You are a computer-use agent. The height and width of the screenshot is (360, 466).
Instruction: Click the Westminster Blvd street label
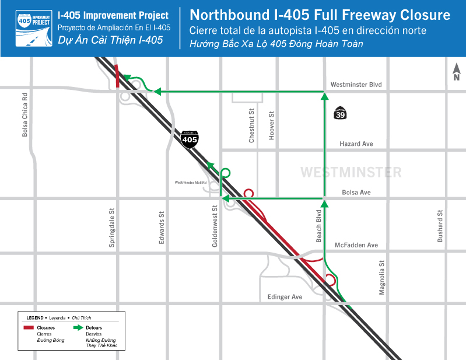click(x=356, y=85)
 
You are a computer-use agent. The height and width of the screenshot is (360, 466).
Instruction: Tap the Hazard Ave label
click(x=356, y=144)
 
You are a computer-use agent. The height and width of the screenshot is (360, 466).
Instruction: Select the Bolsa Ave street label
click(x=356, y=193)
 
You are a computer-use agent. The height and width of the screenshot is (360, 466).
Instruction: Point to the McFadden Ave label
click(x=357, y=245)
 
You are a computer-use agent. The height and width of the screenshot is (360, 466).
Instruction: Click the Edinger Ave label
click(x=285, y=297)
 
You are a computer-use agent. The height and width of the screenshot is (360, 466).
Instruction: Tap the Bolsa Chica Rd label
click(x=25, y=115)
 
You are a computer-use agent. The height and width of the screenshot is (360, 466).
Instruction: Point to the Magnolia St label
click(x=382, y=278)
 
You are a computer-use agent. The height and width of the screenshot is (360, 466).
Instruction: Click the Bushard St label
click(x=441, y=225)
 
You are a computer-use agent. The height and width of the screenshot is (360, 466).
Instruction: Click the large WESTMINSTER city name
click(x=351, y=173)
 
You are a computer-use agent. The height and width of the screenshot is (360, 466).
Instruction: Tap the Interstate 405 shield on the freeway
click(x=190, y=138)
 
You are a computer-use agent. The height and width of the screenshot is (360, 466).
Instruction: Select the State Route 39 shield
click(x=340, y=113)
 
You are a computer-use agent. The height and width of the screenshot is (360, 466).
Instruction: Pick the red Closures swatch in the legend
click(x=29, y=328)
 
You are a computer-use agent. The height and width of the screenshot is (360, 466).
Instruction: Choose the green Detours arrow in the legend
click(x=77, y=328)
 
